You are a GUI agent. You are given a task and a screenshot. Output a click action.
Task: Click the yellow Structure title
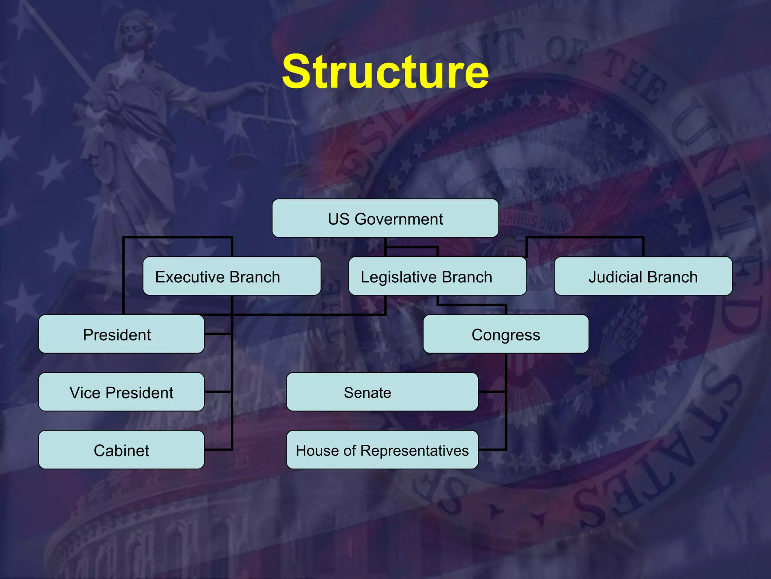tap(385, 72)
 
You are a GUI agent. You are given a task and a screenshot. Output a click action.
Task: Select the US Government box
tap(385, 219)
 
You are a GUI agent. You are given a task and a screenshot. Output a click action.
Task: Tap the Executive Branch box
tap(232, 276)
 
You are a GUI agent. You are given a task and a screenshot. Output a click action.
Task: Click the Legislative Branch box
tap(437, 276)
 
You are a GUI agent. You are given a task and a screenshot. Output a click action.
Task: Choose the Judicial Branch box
tap(643, 276)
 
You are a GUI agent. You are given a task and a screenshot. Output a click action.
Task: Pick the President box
tap(121, 334)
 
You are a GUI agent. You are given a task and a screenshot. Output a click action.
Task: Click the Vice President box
tap(121, 392)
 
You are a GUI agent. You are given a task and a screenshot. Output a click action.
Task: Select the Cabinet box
tap(121, 450)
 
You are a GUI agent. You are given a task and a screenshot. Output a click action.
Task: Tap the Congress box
tap(506, 334)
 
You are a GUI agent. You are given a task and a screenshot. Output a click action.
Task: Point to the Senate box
tap(382, 392)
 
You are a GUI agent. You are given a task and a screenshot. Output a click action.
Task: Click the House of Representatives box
tap(382, 450)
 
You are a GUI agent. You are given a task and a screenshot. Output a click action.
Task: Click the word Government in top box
tap(399, 219)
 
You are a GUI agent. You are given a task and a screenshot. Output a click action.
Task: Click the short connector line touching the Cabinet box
tap(218, 449)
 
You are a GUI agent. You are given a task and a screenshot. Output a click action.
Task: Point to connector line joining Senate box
tap(492, 392)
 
